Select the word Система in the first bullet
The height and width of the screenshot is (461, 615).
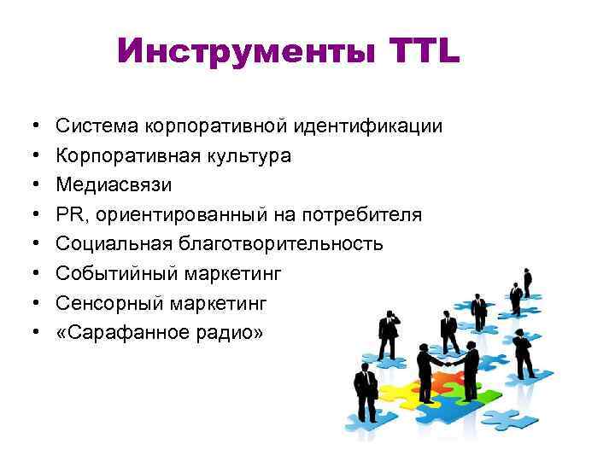tap(101, 126)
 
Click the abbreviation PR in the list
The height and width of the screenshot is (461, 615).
tap(69, 214)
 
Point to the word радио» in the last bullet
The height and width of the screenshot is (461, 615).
tap(232, 331)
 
